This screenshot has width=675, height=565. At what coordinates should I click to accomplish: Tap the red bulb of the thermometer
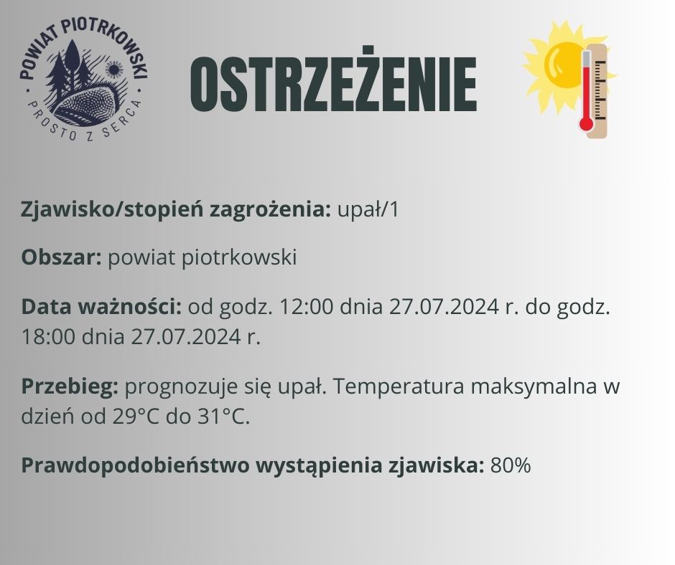coord(586,124)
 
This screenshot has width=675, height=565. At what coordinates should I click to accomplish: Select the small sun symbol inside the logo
coord(114,69)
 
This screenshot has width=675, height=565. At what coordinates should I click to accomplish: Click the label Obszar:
coord(62,257)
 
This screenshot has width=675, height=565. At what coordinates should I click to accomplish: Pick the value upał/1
coord(368,210)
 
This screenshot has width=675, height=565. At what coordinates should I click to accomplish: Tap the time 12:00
coord(307,307)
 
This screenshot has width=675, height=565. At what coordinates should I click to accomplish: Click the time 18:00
coord(48,337)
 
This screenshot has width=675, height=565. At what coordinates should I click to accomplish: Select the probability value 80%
coord(511,465)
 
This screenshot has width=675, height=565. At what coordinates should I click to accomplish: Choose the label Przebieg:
coord(70,386)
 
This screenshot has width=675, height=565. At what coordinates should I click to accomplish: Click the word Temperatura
coord(399,386)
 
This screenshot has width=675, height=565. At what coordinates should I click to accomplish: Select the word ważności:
coord(129,307)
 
